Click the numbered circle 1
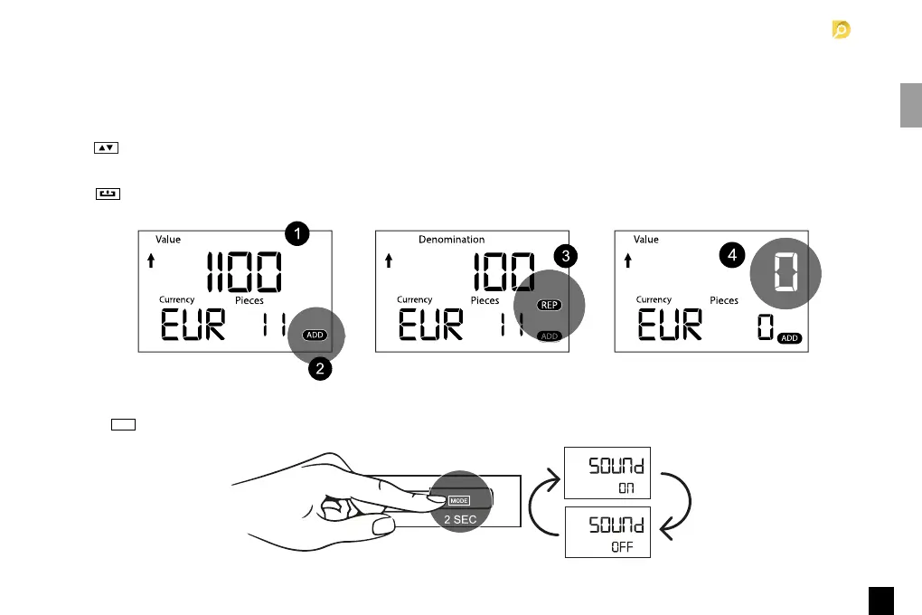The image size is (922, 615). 297,233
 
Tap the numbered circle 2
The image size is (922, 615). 317,369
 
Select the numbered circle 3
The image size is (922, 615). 565,256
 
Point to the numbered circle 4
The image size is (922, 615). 733,256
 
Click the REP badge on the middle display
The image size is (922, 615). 549,306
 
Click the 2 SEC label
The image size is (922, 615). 460,519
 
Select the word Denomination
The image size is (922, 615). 451,240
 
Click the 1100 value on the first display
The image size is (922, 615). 244,271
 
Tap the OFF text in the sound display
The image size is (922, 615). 622,547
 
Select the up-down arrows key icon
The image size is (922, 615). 107,148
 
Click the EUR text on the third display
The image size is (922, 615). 670,325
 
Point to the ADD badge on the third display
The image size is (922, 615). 790,337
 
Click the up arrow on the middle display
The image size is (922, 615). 389,261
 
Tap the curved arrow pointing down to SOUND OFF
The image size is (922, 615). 679,506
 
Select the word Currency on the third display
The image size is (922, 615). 654,299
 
